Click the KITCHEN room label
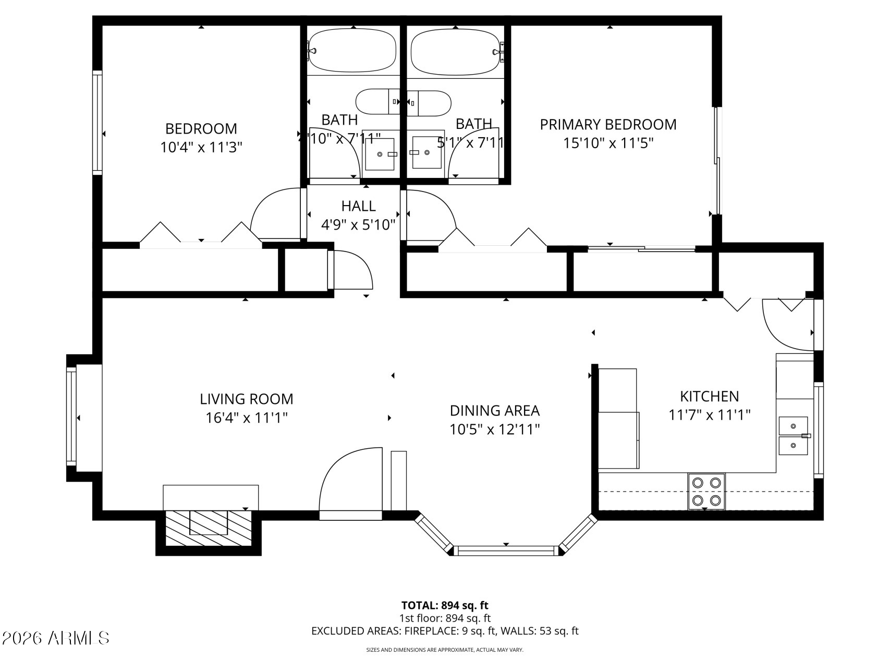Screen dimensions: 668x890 click(709, 397)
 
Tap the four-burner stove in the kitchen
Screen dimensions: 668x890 click(706, 492)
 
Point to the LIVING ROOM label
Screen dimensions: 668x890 click(247, 399)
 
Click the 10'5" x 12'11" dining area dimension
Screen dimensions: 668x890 click(494, 430)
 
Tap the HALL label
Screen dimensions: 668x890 click(358, 206)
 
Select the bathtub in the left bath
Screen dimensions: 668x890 click(352, 50)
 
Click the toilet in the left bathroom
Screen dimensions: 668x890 click(376, 102)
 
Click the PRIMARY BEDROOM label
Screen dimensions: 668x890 click(608, 125)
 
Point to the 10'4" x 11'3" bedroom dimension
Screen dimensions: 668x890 click(201, 147)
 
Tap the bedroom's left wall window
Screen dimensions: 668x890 click(97, 122)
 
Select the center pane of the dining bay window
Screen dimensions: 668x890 click(505, 550)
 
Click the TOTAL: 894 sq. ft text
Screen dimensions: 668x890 click(445, 605)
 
